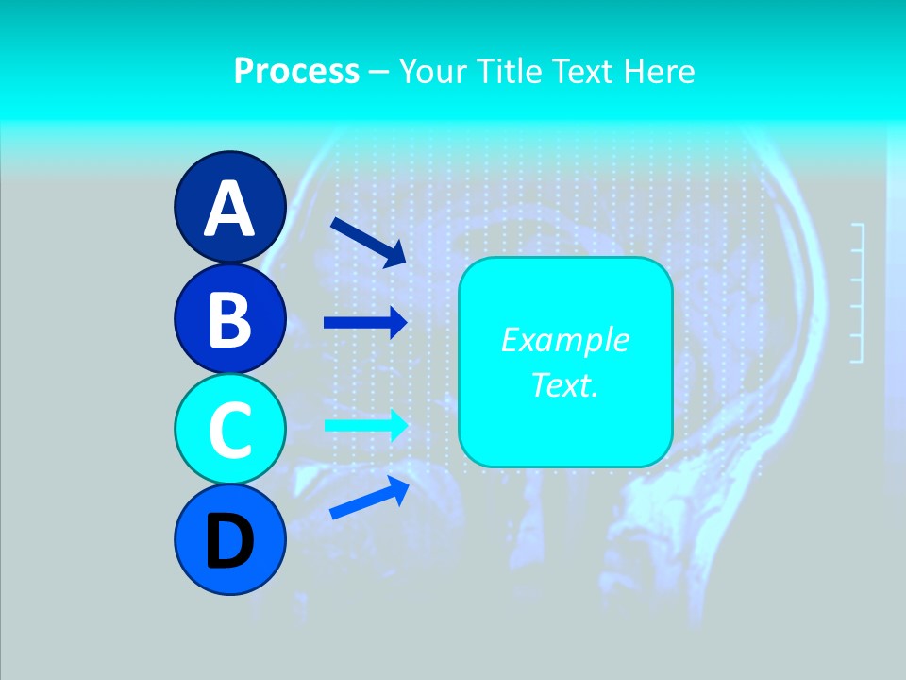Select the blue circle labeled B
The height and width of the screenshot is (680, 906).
tap(229, 318)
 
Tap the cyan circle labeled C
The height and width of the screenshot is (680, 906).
tap(229, 429)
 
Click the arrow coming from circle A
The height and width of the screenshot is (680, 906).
tap(368, 242)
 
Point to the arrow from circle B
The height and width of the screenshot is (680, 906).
tap(365, 322)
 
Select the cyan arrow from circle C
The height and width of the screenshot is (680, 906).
tap(365, 425)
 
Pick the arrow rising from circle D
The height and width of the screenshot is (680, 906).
tap(369, 498)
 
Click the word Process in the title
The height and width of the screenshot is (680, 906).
tap(296, 71)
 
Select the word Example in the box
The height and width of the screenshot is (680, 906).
tap(564, 340)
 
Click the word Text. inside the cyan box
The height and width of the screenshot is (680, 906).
tap(564, 384)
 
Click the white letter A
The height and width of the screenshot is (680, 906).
tap(229, 209)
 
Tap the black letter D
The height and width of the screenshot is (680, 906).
tap(229, 542)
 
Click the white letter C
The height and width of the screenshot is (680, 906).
tap(229, 431)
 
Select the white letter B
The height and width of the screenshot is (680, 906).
tap(229, 319)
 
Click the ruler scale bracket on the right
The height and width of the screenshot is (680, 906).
tap(857, 293)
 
